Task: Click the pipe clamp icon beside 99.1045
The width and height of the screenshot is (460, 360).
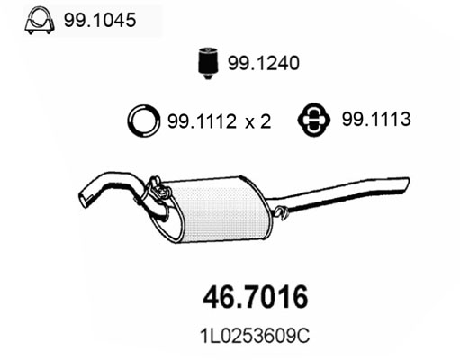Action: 40,21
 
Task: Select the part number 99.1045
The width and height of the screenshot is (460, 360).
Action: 100,20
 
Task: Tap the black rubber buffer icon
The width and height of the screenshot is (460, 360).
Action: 208,63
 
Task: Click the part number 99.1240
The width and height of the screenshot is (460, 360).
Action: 264,63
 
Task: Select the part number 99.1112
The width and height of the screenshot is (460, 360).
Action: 203,121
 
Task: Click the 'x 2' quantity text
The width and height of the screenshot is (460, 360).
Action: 258,121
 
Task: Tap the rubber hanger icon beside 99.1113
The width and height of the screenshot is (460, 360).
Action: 314,120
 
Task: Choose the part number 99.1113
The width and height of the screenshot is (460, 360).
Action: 376,119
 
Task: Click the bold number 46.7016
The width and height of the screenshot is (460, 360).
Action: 256,297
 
